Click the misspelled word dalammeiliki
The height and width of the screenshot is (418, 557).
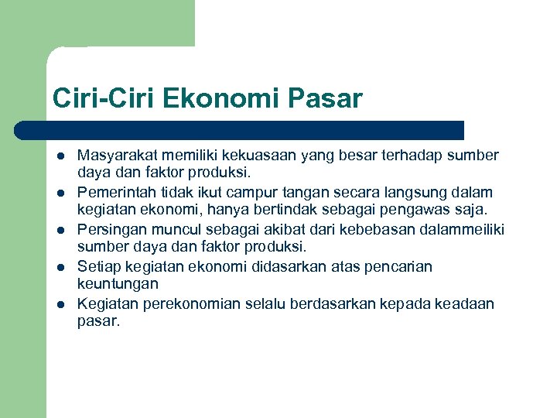click(463, 229)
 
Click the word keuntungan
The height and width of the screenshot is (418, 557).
click(118, 285)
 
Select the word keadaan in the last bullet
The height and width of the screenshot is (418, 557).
click(466, 303)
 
